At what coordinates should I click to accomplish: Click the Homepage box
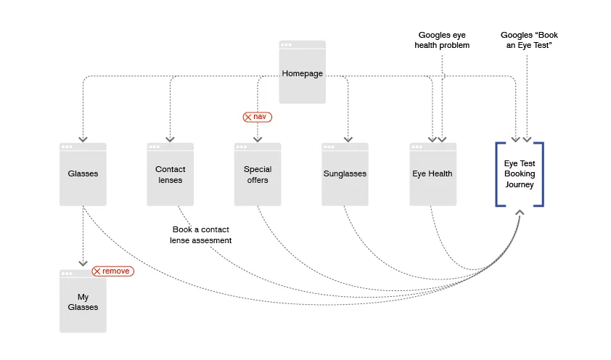pyautogui.click(x=302, y=73)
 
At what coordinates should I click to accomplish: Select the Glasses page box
pyautogui.click(x=83, y=174)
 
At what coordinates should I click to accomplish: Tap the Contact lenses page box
pyautogui.click(x=170, y=174)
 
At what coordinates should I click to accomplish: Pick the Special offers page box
pyautogui.click(x=257, y=174)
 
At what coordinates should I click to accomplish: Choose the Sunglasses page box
pyautogui.click(x=345, y=174)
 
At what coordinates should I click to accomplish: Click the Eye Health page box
pyautogui.click(x=432, y=174)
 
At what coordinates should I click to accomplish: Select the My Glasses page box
pyautogui.click(x=83, y=302)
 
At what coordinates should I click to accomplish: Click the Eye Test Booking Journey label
pyautogui.click(x=520, y=174)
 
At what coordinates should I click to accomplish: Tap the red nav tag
pyautogui.click(x=257, y=116)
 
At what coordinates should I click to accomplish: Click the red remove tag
pyautogui.click(x=112, y=271)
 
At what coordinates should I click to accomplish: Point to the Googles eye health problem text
pyautogui.click(x=442, y=40)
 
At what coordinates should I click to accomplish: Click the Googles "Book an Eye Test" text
pyautogui.click(x=529, y=40)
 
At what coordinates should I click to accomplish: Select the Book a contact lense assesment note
pyautogui.click(x=201, y=234)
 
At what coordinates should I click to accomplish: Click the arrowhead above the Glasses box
pyautogui.click(x=83, y=139)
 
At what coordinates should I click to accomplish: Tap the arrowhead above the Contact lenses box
pyautogui.click(x=170, y=139)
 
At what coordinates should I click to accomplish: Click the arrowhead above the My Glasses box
pyautogui.click(x=83, y=263)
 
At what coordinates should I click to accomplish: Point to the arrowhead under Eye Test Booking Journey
pyautogui.click(x=520, y=213)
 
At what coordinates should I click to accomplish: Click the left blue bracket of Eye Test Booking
pyautogui.click(x=499, y=174)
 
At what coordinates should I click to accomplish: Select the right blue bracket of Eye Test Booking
pyautogui.click(x=541, y=174)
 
